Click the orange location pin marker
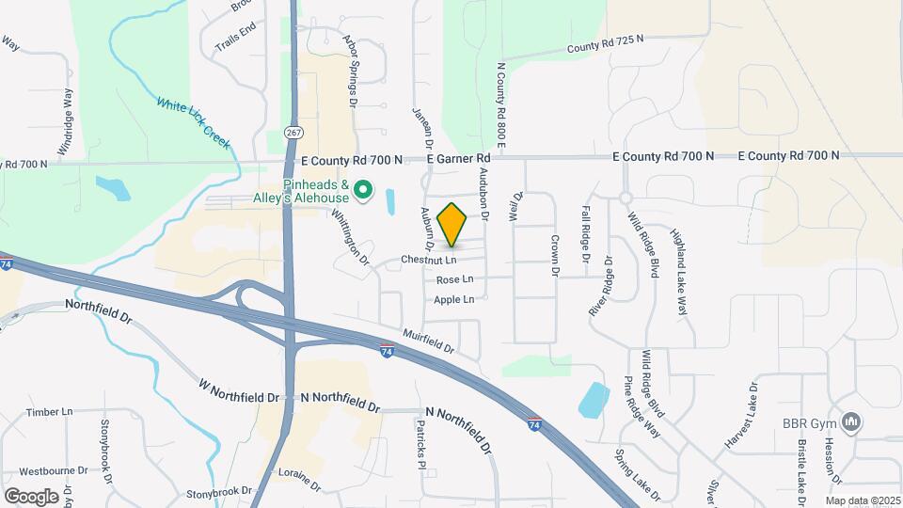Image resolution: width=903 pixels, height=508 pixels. pos(452,225)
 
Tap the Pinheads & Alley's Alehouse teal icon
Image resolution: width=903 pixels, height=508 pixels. pos(365,192)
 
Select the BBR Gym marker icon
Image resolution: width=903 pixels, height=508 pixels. pos(852,422)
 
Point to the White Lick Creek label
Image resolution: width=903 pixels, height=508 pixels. pos(193,123)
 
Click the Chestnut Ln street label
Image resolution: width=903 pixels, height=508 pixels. pos(428,259)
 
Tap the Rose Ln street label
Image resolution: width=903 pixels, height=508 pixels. pos(454,280)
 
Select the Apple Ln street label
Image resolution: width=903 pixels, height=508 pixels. pos(454,299)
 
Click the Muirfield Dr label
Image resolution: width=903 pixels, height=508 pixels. pos(428,341)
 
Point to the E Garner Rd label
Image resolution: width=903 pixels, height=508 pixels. pos(458,159)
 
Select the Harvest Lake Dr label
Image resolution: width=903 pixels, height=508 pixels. pos(742,415)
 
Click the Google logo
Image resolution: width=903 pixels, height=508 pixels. pos(31,496)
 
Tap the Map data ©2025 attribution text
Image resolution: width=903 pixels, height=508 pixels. pos(862,500)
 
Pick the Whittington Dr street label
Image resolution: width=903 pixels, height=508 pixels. pos(349,236)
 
